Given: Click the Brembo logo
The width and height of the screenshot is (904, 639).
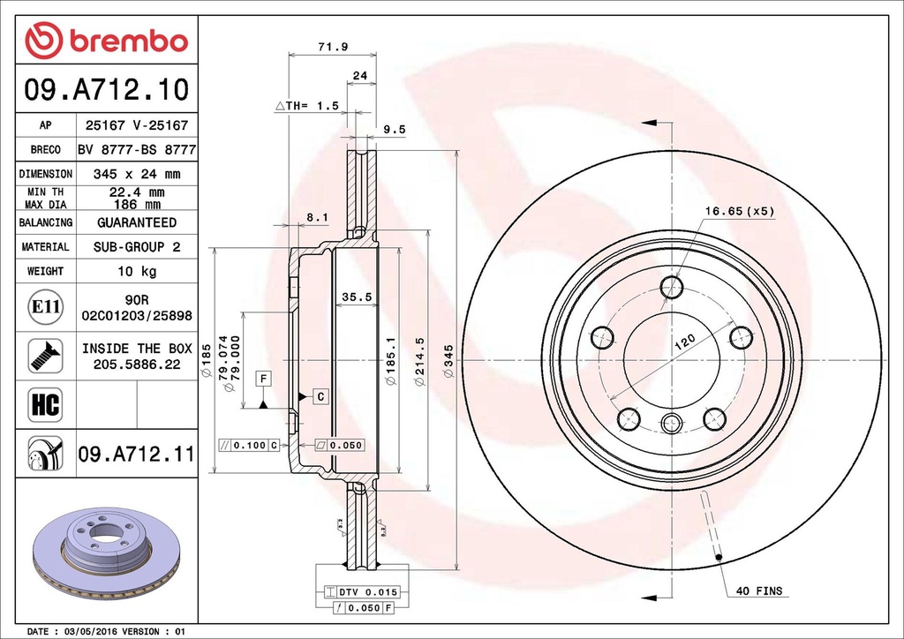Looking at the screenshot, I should pos(107,40).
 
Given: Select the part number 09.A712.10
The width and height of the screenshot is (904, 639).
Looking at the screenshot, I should pos(107,89).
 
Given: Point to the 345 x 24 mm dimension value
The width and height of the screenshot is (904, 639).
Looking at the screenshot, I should pos(137,175).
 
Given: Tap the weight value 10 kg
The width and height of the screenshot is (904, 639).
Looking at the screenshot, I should pos(137,271).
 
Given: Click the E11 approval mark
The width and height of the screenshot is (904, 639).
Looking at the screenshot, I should pos(45,307).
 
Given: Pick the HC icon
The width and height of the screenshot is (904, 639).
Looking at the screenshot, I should pos(45,405).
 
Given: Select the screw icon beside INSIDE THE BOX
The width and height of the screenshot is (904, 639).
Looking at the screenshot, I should pos(45,355).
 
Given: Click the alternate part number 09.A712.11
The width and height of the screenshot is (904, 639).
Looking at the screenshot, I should pos(136,455).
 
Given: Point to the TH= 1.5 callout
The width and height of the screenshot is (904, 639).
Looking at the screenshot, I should pos(308,106).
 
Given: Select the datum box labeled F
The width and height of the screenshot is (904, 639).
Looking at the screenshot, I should pos(262,379).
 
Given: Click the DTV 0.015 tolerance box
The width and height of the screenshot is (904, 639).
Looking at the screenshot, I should pos(363,591).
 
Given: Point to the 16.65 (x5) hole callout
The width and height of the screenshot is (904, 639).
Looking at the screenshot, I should pos(739,211).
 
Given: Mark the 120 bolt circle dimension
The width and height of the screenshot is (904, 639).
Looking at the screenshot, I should pos(685,342).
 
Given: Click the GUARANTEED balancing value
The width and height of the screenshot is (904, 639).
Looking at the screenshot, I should pos(137,223).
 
